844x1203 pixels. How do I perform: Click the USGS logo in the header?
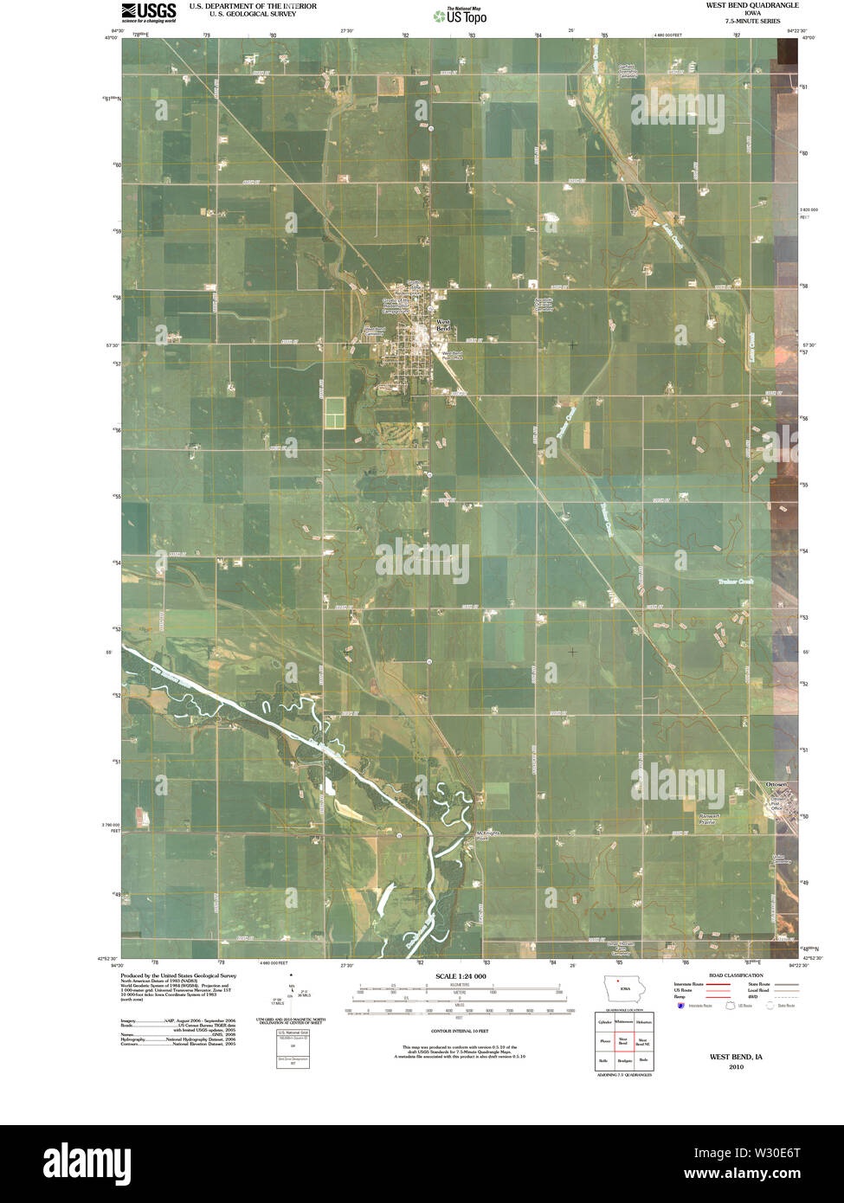click(148, 12)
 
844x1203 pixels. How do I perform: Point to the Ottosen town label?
click(776, 784)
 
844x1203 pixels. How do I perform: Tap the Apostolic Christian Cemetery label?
click(544, 304)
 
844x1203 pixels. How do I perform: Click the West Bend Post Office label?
click(453, 355)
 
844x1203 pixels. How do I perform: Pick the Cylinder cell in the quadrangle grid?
click(605, 1022)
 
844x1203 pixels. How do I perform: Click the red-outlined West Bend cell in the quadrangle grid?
click(623, 1041)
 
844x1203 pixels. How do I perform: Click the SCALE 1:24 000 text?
click(461, 976)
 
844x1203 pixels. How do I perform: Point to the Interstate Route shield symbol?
click(680, 1006)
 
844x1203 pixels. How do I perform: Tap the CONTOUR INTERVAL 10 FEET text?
click(460, 1031)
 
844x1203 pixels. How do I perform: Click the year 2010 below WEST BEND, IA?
click(736, 1067)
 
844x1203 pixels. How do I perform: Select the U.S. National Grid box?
click(292, 1033)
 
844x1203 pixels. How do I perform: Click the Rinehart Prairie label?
click(708, 817)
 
